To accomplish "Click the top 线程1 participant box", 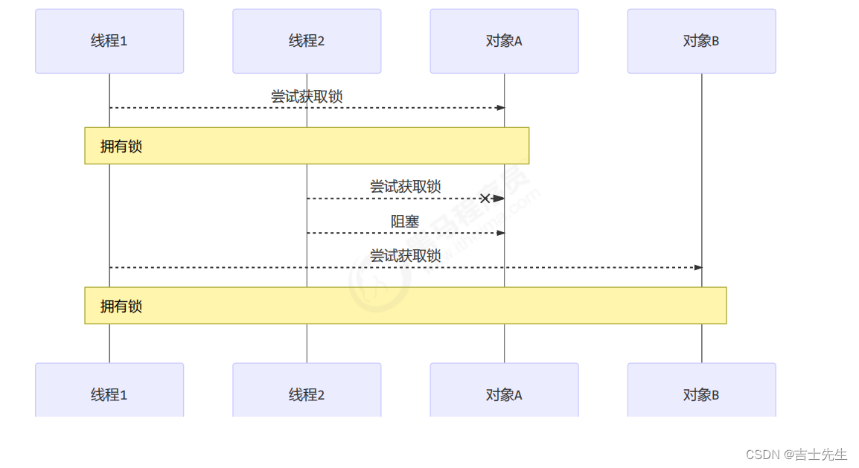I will pos(109,41).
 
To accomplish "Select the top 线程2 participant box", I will pos(307,41).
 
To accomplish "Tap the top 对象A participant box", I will pos(504,41).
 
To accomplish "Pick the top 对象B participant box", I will pos(701,41).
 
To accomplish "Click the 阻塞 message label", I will pos(405,222).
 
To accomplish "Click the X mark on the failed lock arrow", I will pos(485,199).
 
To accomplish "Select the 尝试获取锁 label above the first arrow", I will pos(307,97).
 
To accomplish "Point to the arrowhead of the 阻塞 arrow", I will pos(500,233).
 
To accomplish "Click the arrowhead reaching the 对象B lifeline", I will pos(697,267).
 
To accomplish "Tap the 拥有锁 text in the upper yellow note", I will pos(121,147).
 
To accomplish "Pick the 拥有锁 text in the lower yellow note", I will pos(121,307).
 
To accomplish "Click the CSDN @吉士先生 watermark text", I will pos(796,454).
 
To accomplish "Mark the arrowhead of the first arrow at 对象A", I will pos(500,108).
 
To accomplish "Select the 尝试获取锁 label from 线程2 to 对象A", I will pos(405,187).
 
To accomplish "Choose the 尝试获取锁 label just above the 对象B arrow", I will pos(405,256).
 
